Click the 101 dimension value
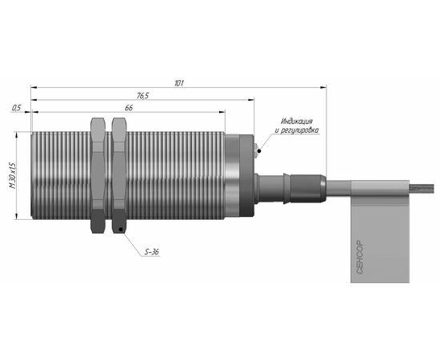pos(179,83)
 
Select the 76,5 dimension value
pos(142,96)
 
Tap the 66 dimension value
pos(129,108)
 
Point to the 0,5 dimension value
pos(17,108)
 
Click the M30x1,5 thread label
pos(13,175)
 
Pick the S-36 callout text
pos(151,252)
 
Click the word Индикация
pos(297,122)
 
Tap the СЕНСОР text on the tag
pos(359,258)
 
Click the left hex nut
pos(98,175)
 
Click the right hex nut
pos(119,175)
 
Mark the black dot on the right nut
pos(121,230)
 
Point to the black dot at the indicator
pos(259,151)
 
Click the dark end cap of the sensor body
pos(246,176)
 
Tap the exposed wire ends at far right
pos(422,188)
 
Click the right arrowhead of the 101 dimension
pos(323,87)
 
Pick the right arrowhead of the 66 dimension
pos(222,112)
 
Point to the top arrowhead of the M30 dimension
pos(16,135)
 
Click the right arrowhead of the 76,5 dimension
pos(251,100)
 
